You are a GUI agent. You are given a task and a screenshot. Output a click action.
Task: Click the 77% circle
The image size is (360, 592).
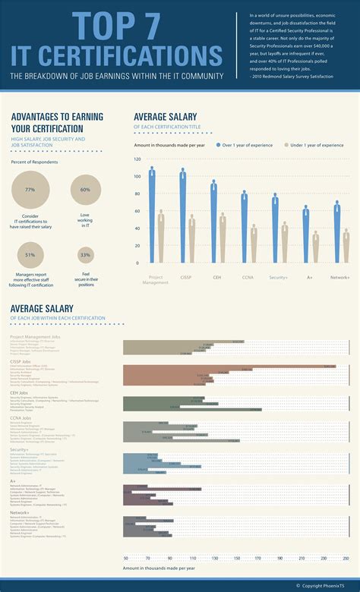point(30,190)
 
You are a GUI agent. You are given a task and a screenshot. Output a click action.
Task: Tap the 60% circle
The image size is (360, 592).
point(85,190)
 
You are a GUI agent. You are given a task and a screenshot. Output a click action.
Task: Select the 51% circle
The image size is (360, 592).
point(30,255)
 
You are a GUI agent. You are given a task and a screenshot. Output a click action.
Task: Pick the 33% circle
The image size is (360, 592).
point(85,255)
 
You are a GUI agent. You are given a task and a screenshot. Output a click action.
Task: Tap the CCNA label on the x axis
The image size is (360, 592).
point(248,278)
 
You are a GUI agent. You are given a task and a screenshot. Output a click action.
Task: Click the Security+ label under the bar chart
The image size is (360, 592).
point(278,278)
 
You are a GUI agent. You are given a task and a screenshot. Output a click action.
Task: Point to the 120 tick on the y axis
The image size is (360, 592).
point(137,159)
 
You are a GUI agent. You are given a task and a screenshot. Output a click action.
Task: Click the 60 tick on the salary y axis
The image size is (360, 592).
point(138,212)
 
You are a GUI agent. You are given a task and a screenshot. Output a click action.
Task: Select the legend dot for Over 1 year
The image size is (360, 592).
point(218,144)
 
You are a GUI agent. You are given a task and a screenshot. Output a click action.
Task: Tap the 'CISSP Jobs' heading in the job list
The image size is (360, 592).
point(21,363)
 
